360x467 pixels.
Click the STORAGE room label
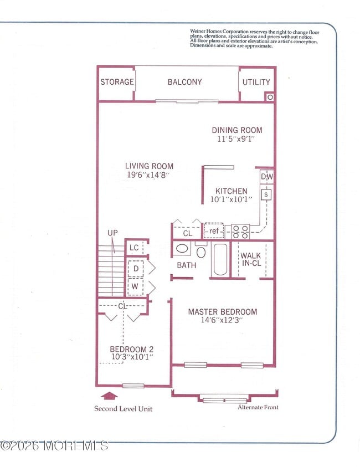pyautogui.click(x=117, y=82)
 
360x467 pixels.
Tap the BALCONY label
pyautogui.click(x=184, y=82)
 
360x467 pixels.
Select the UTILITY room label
pyautogui.click(x=256, y=82)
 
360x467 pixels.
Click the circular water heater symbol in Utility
pyautogui.click(x=270, y=97)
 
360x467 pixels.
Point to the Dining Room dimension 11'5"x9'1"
pyautogui.click(x=237, y=140)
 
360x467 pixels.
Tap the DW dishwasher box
pyautogui.click(x=266, y=177)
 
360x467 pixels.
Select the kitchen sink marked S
pyautogui.click(x=266, y=194)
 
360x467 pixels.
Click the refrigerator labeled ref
pyautogui.click(x=214, y=231)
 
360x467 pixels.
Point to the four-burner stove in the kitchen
pyautogui.click(x=240, y=232)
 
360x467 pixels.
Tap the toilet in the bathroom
pyautogui.click(x=201, y=252)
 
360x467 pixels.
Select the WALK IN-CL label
pyautogui.click(x=251, y=260)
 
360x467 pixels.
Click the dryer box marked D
pyautogui.click(x=136, y=269)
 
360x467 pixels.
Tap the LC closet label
pyautogui.click(x=134, y=248)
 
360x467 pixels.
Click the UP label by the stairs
pyautogui.click(x=112, y=233)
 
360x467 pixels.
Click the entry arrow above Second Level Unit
pyautogui.click(x=111, y=396)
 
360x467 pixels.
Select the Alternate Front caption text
pyautogui.click(x=258, y=407)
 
